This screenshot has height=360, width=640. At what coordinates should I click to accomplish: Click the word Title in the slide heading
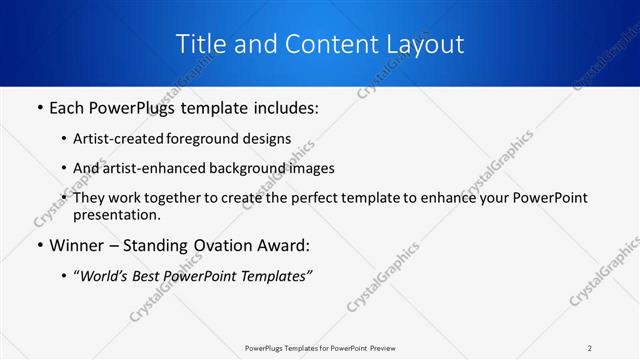(200, 44)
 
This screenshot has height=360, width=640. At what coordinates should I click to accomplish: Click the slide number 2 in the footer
(590, 348)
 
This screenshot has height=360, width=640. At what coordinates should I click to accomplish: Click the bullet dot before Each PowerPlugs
(38, 108)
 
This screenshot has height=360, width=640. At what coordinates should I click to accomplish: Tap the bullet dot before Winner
(38, 245)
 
